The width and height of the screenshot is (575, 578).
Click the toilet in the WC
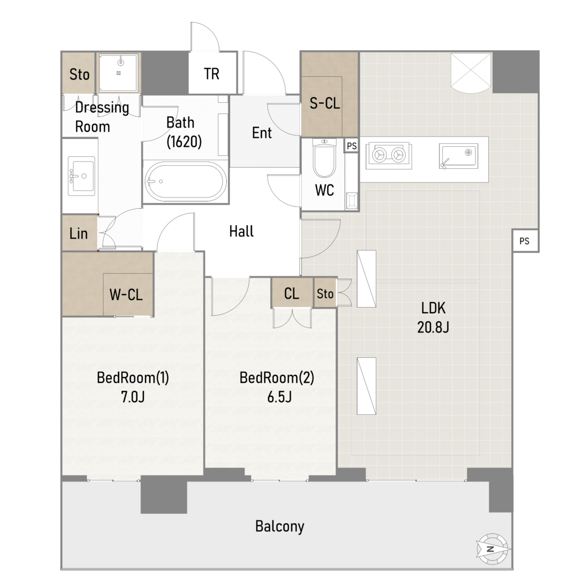(324, 158)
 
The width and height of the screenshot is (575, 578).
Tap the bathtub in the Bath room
(186, 182)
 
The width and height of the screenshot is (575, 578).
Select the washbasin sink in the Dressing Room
(81, 176)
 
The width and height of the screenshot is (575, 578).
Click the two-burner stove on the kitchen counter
(388, 155)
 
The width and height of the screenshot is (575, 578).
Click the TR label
(212, 74)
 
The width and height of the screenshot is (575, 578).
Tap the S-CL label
(324, 103)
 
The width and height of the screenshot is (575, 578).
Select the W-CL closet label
(126, 295)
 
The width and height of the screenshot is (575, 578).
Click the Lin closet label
(78, 233)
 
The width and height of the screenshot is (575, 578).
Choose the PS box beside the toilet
(352, 146)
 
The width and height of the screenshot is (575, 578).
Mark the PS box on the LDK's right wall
(525, 240)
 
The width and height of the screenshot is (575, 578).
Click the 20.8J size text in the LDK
(433, 327)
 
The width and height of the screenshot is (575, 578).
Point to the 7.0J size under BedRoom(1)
(133, 397)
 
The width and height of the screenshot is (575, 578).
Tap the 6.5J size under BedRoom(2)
(279, 397)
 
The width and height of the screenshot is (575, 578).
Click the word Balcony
(280, 527)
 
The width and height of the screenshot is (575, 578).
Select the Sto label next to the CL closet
(324, 294)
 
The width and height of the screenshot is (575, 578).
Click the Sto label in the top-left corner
(79, 75)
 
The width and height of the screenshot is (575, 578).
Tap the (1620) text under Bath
(184, 142)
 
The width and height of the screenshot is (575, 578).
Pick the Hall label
(242, 231)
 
